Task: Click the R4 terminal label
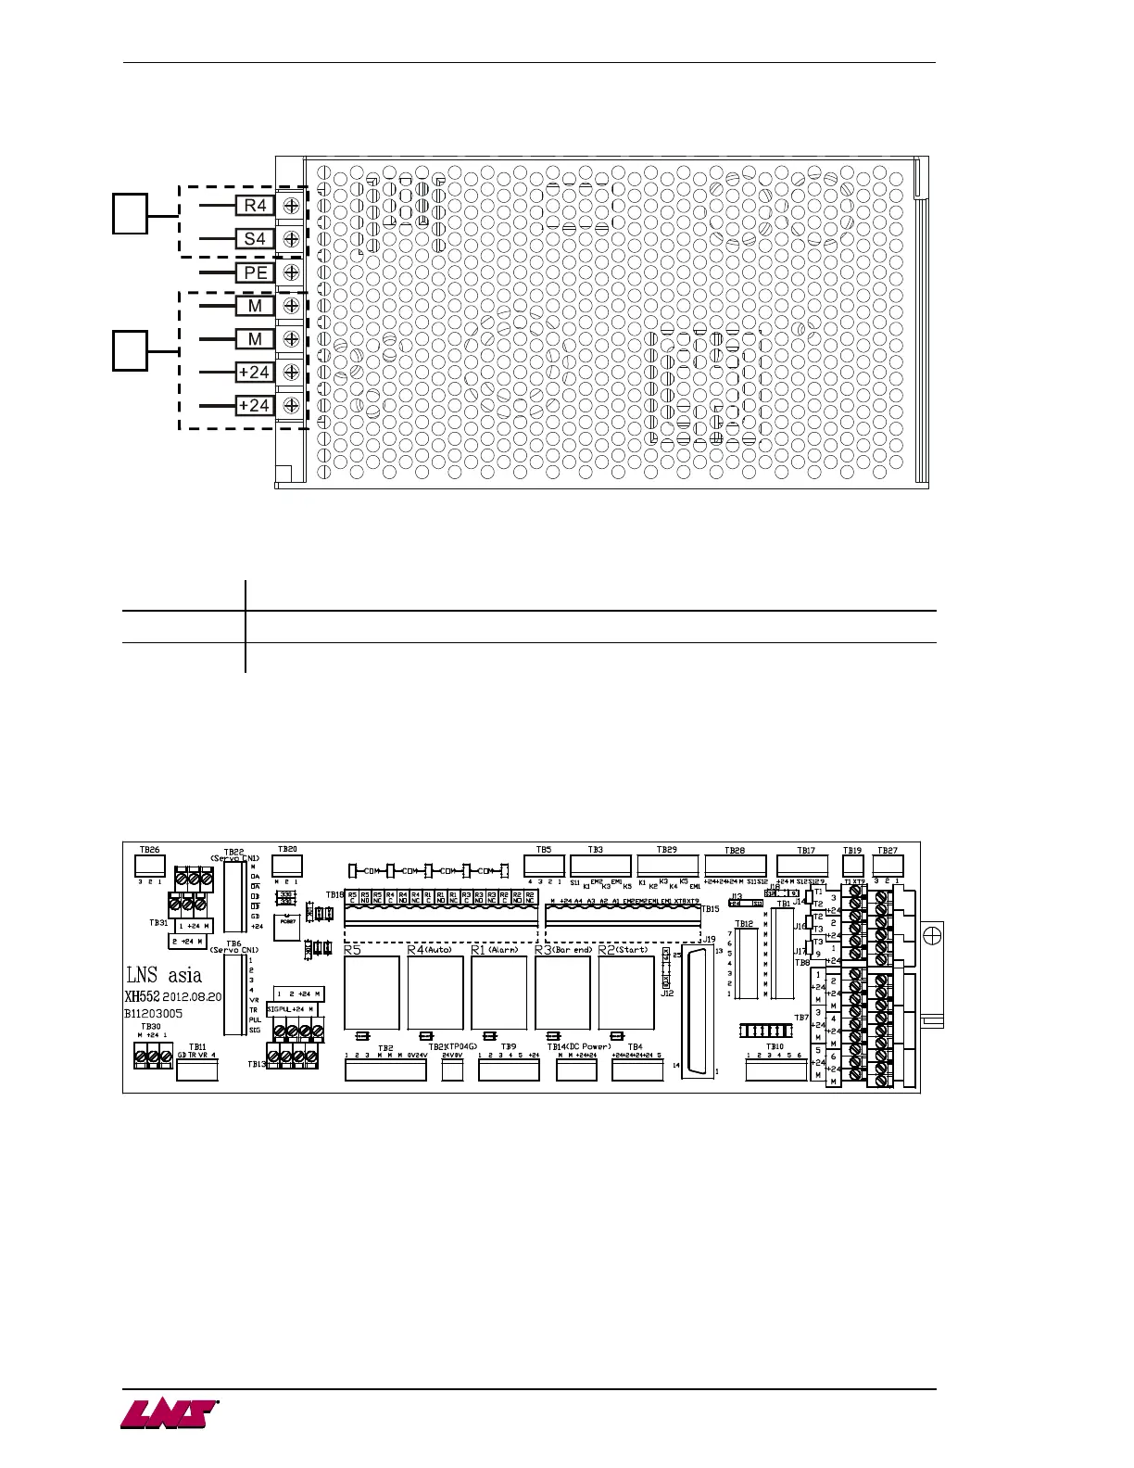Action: pyautogui.click(x=255, y=206)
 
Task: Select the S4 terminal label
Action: pyautogui.click(x=255, y=239)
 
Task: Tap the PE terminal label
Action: pyautogui.click(x=255, y=272)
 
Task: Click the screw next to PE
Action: pyautogui.click(x=291, y=272)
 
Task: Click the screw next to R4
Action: pyautogui.click(x=291, y=206)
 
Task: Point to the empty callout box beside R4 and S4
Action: pyautogui.click(x=131, y=213)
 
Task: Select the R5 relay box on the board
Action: pyautogui.click(x=372, y=993)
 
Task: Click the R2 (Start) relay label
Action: pyautogui.click(x=624, y=950)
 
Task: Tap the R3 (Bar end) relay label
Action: pyautogui.click(x=563, y=950)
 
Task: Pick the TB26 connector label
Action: pyautogui.click(x=149, y=849)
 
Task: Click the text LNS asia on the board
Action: pyautogui.click(x=164, y=975)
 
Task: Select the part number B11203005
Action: pyautogui.click(x=154, y=1014)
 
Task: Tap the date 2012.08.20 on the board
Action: pyautogui.click(x=192, y=996)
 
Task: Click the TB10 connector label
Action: pyautogui.click(x=775, y=1047)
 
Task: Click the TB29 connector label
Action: pyautogui.click(x=667, y=850)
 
